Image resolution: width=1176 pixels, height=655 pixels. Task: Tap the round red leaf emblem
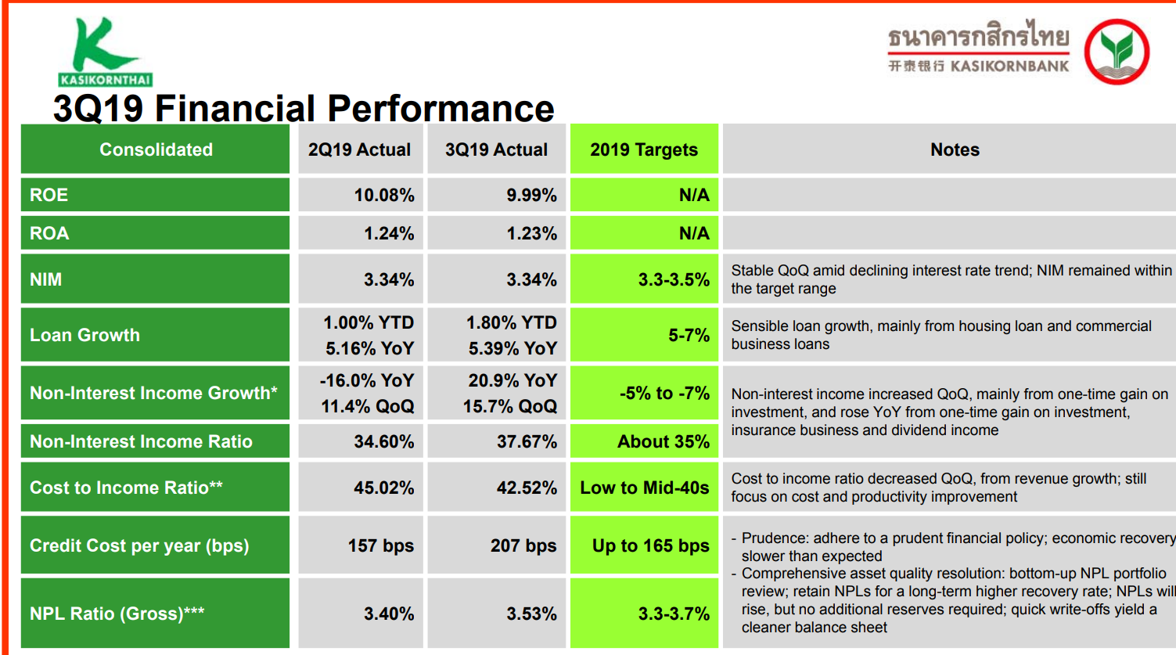click(x=1117, y=52)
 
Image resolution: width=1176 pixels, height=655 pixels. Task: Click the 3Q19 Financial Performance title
click(x=304, y=108)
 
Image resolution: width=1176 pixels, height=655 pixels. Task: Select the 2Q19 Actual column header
click(x=359, y=149)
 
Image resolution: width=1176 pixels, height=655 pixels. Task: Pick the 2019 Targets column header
click(x=643, y=149)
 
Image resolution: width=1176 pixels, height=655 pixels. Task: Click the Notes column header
click(x=955, y=149)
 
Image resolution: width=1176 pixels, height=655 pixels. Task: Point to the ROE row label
click(x=49, y=195)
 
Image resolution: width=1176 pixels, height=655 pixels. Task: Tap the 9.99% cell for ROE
click(x=531, y=195)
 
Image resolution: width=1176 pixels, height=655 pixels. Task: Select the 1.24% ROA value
click(x=389, y=233)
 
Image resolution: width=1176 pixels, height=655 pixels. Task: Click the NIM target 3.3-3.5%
click(x=674, y=279)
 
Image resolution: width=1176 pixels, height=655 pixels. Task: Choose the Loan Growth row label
click(x=85, y=335)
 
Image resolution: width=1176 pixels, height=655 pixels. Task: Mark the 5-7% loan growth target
click(x=689, y=335)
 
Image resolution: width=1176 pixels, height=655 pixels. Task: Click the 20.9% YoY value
click(x=512, y=380)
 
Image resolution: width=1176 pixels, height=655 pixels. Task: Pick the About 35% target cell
click(x=663, y=441)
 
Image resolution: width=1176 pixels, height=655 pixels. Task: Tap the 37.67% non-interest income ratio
click(x=527, y=441)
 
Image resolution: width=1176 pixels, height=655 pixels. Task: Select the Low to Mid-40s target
click(x=644, y=488)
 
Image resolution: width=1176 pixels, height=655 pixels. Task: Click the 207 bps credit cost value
click(x=523, y=545)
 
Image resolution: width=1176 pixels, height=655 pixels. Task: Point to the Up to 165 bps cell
click(x=650, y=545)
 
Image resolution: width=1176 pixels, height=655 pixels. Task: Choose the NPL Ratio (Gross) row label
click(x=117, y=614)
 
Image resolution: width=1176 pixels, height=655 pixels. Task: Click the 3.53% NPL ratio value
click(x=531, y=614)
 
